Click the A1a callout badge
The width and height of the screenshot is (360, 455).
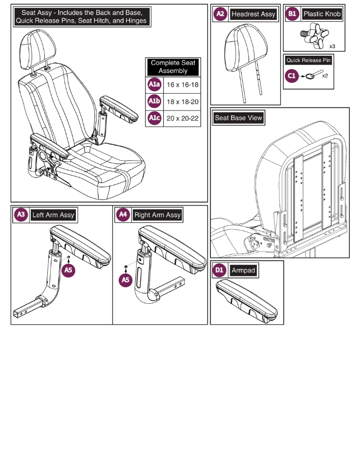pyautogui.click(x=154, y=85)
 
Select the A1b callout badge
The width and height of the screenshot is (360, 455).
pyautogui.click(x=154, y=102)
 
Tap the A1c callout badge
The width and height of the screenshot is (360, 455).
pyautogui.click(x=154, y=118)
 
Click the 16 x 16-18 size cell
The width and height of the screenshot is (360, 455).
pyautogui.click(x=182, y=85)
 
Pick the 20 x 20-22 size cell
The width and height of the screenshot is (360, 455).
pyautogui.click(x=182, y=118)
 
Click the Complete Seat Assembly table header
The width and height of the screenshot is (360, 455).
pyautogui.click(x=173, y=67)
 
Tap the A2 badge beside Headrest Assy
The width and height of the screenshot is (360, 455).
pyautogui.click(x=220, y=14)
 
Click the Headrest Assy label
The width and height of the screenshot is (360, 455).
pyautogui.click(x=253, y=14)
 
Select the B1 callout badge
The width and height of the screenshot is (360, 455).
pyautogui.click(x=292, y=14)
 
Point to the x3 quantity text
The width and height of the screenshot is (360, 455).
pyautogui.click(x=333, y=46)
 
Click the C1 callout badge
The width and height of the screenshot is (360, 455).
pyautogui.click(x=292, y=75)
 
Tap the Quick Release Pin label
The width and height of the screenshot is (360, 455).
pyautogui.click(x=309, y=60)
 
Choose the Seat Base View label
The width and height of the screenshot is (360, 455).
pyautogui.click(x=239, y=118)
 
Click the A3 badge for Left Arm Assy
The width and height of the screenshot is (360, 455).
pyautogui.click(x=21, y=215)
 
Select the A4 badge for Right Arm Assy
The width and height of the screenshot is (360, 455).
pyautogui.click(x=123, y=215)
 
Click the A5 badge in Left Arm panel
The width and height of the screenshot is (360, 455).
pyautogui.click(x=69, y=270)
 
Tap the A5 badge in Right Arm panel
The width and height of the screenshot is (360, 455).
pyautogui.click(x=126, y=280)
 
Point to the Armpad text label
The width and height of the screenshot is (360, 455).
pyautogui.click(x=244, y=270)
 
